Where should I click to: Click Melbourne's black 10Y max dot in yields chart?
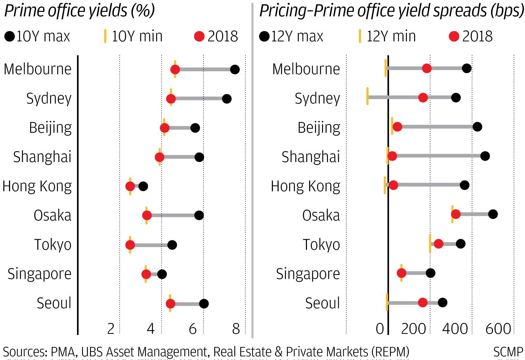(x=235, y=69)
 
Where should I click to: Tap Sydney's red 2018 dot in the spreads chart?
(x=423, y=98)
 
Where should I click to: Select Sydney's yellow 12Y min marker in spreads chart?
(x=367, y=96)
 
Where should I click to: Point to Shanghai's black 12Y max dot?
(x=485, y=156)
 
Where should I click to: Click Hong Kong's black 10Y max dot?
(x=143, y=186)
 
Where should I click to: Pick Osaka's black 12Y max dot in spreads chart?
(x=493, y=214)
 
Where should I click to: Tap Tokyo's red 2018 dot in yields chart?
(x=130, y=245)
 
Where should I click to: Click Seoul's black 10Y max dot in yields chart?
(x=204, y=303)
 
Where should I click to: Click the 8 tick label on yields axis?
(x=236, y=329)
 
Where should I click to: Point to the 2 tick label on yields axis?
(x=111, y=329)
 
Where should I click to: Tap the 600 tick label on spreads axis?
(x=498, y=329)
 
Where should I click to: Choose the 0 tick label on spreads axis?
(x=380, y=329)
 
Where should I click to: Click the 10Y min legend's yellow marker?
(x=105, y=36)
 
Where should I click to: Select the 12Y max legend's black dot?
(x=264, y=36)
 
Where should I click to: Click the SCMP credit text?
(x=508, y=352)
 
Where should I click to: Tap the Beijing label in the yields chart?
(x=50, y=128)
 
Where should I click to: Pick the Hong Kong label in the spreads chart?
(x=305, y=186)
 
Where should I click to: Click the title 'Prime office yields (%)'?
(x=79, y=11)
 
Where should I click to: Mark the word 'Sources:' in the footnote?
(x=25, y=352)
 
